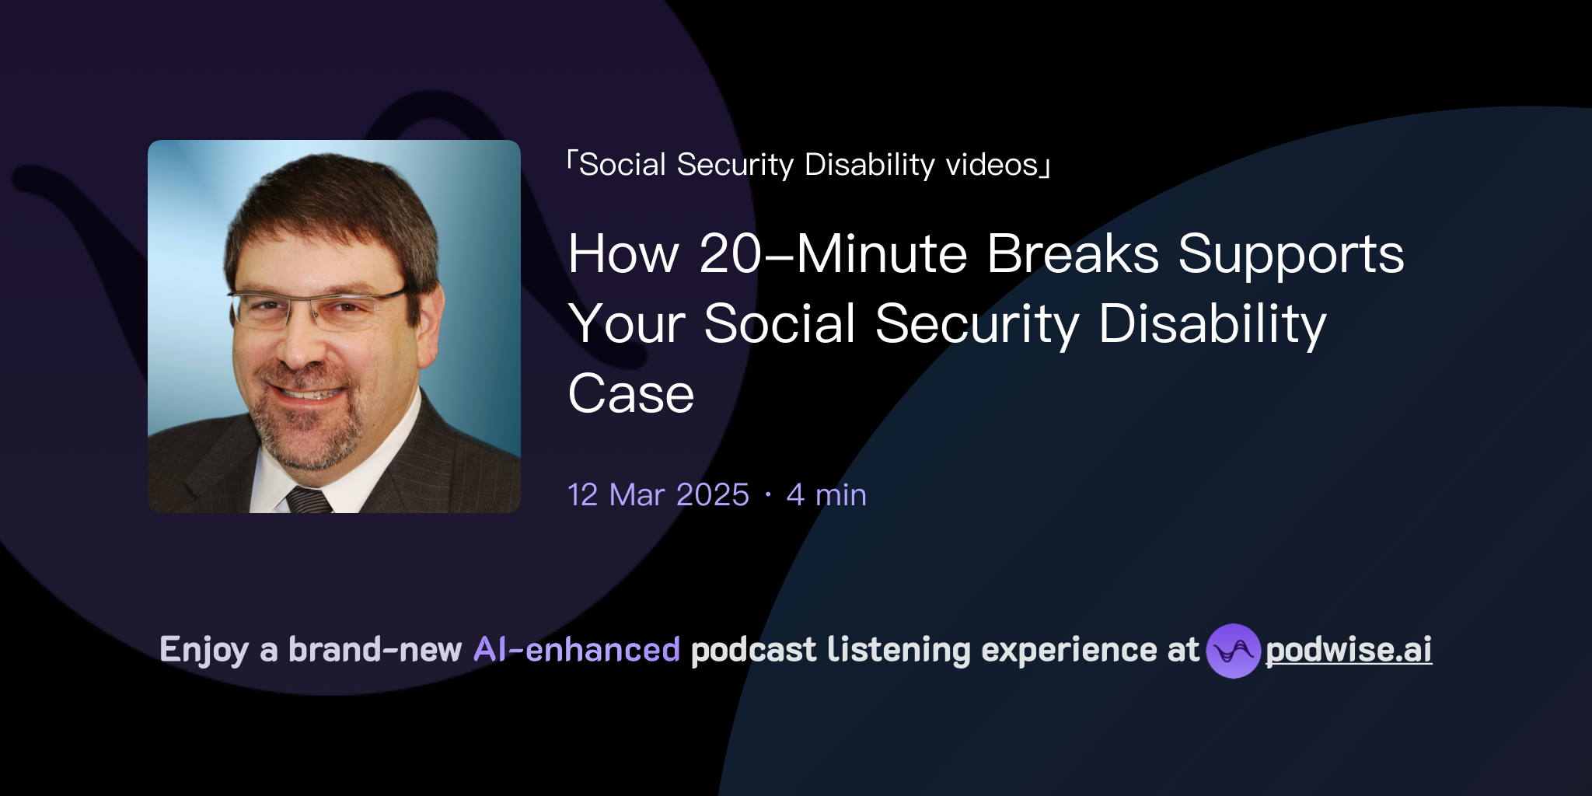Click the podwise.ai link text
coord(1349,650)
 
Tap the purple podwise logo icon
coord(1233,651)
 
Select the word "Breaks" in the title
coord(1073,254)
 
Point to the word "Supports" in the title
coord(1290,256)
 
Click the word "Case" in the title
coord(630,394)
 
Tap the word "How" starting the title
coord(623,254)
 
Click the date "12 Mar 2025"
coord(658,495)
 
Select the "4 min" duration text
coord(826,495)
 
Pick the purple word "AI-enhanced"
coord(577,650)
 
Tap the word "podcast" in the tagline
coord(753,650)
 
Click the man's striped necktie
coord(310,500)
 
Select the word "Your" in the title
coord(627,324)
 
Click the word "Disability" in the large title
coord(1213,324)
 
